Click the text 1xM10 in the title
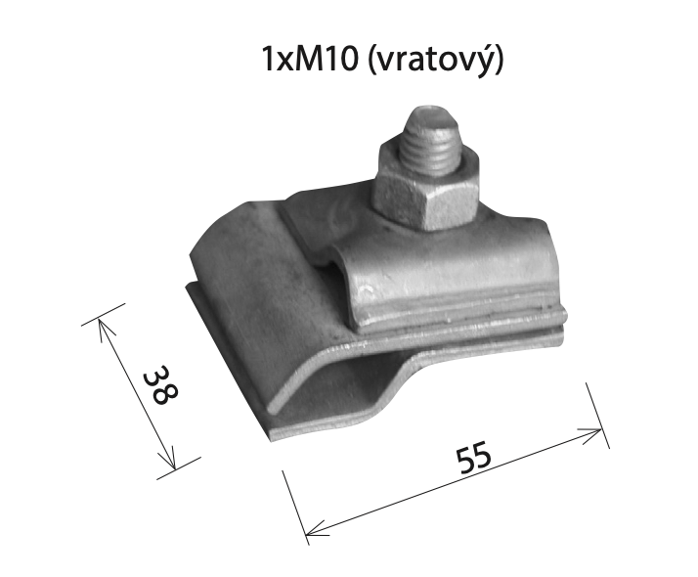tap(310, 60)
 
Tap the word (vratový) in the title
tap(436, 61)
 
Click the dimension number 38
tap(160, 384)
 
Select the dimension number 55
tap(473, 458)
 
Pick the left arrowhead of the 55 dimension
tap(317, 528)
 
